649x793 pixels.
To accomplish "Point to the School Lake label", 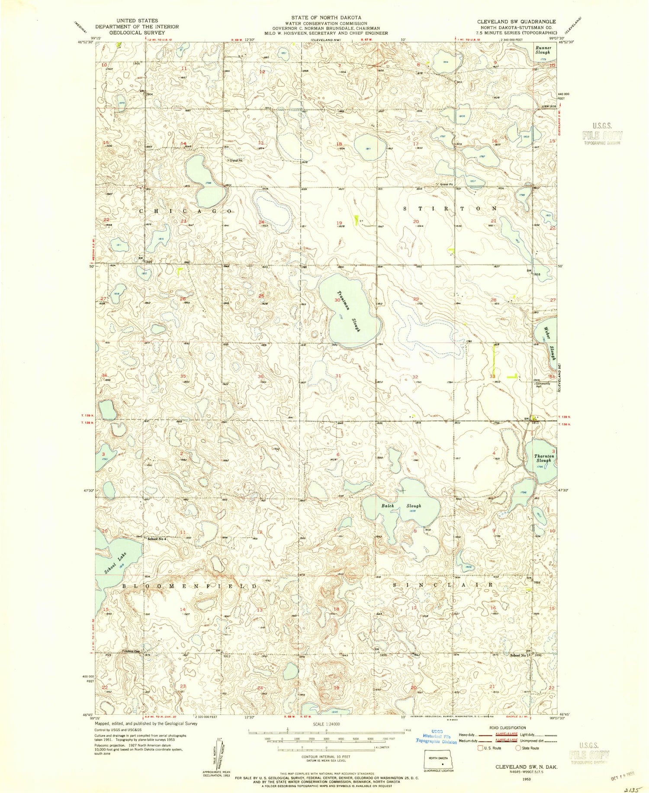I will [116, 563].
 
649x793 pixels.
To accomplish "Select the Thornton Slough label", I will [544, 458].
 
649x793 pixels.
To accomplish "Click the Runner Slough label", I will [543, 50].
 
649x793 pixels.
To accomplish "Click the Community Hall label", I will [543, 385].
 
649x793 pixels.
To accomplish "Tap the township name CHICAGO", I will [186, 211].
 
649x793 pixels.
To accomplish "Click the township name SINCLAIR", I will [443, 585].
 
